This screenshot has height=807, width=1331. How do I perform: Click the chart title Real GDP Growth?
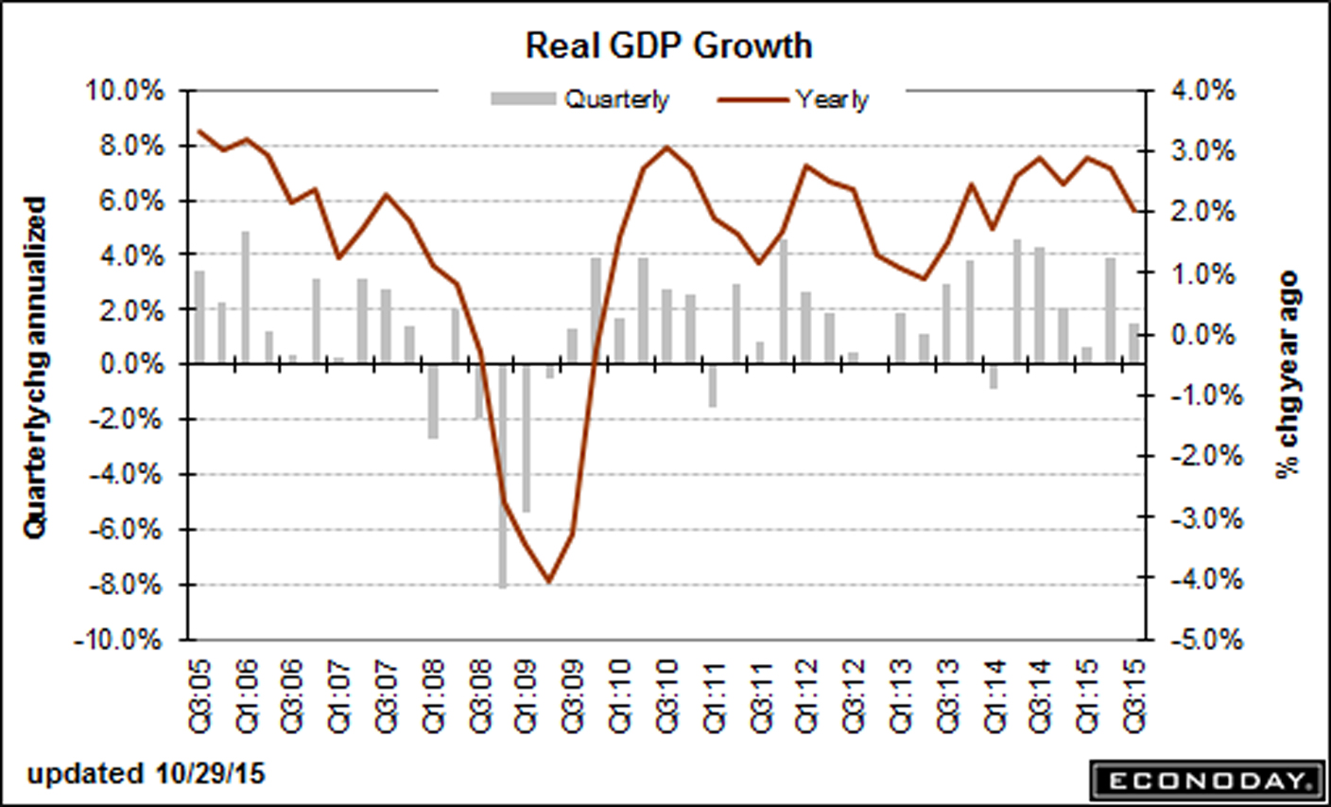(x=668, y=45)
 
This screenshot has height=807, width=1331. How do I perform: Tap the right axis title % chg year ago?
(x=1288, y=374)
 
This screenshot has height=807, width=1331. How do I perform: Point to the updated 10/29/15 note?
(x=147, y=774)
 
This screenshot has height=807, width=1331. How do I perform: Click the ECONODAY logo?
(x=1206, y=780)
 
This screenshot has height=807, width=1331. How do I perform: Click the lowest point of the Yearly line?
(x=548, y=581)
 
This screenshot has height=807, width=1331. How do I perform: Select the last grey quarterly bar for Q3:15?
(x=1133, y=342)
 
